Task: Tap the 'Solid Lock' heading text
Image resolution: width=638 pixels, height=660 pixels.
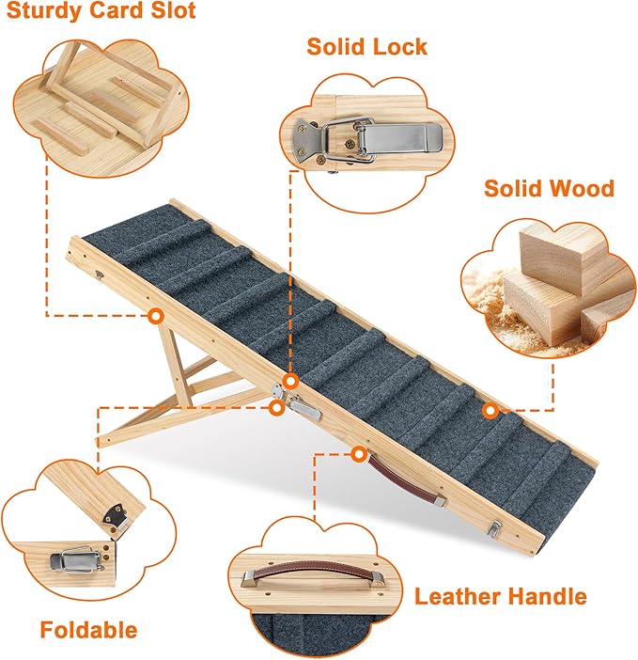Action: coord(366,47)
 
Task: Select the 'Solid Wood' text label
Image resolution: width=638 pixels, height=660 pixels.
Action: coord(549,188)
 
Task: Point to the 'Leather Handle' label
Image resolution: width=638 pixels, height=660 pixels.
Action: coord(501,596)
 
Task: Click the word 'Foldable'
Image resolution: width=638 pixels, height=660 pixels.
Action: coord(88,630)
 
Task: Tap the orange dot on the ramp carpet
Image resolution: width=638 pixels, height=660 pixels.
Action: coord(490,410)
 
